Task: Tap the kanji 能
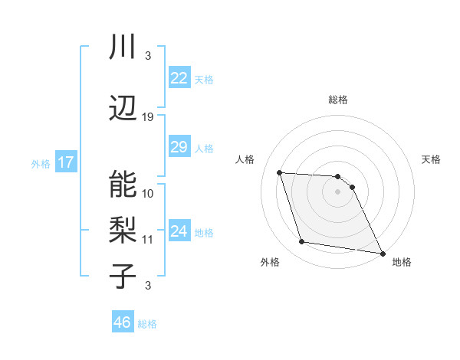click(123, 184)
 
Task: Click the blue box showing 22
click(179, 78)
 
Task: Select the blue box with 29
click(179, 147)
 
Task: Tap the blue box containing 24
click(179, 232)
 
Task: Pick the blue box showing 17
click(65, 162)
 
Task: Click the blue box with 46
click(123, 322)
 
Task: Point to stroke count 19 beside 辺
click(148, 117)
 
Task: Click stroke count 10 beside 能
click(148, 193)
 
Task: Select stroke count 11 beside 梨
click(148, 240)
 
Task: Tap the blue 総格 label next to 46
click(147, 324)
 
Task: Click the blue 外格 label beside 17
click(41, 163)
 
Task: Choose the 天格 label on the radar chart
click(431, 159)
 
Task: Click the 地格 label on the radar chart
click(402, 262)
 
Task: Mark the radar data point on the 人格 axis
click(280, 172)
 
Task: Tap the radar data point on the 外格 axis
click(302, 243)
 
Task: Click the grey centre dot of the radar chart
click(337, 191)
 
